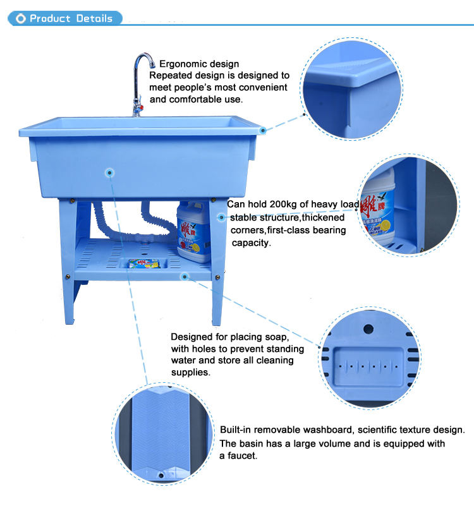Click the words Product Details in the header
71,18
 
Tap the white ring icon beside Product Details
21,18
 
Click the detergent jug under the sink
194,231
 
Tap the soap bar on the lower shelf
144,263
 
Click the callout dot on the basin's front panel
110,172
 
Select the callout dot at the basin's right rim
262,131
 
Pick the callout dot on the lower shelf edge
185,277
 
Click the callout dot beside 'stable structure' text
222,217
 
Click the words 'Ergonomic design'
199,64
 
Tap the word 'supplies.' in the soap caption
190,372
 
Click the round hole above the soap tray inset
368,329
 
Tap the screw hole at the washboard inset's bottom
161,475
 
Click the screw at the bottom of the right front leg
217,277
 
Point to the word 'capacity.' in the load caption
251,243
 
